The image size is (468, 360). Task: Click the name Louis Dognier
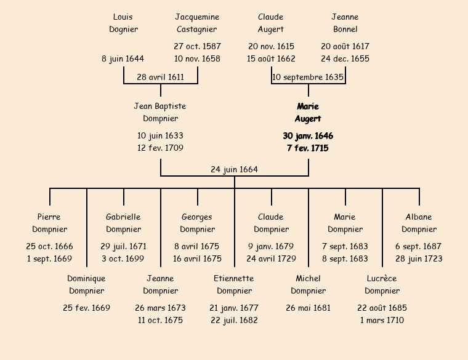tap(123, 23)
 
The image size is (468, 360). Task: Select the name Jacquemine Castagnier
tap(197, 23)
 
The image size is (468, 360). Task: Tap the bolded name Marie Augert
tap(308, 113)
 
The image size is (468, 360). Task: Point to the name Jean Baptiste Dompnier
tap(160, 113)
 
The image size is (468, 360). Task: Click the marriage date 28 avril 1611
tap(160, 77)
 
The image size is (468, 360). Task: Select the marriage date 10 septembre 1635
tap(308, 77)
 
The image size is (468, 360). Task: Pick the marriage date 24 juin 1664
tap(234, 169)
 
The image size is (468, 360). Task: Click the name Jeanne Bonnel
tap(345, 23)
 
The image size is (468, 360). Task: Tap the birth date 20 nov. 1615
tap(271, 46)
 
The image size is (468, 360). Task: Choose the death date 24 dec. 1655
tap(345, 58)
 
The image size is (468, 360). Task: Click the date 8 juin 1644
tap(123, 58)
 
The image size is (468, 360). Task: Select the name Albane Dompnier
tap(419, 223)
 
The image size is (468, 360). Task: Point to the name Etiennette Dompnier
tap(234, 284)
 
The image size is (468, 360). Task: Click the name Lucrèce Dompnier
tap(382, 284)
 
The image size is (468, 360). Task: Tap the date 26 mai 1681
tap(308, 308)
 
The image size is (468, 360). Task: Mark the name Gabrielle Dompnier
tap(123, 223)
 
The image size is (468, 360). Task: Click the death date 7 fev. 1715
tap(308, 148)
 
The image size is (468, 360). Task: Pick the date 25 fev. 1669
tap(86, 308)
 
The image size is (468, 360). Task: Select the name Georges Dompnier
tap(197, 223)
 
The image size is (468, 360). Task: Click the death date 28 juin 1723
tap(419, 258)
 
